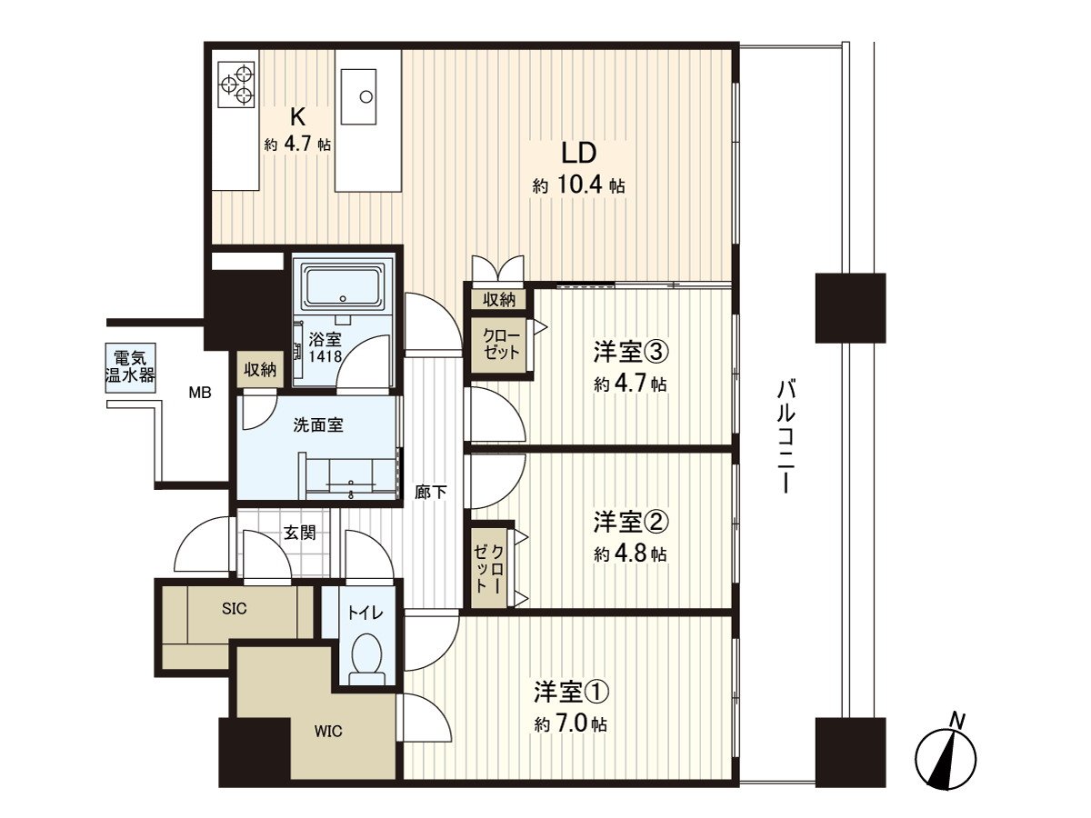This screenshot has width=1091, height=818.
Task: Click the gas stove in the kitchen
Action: (236, 84)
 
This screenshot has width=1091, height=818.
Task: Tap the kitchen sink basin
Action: (358, 95)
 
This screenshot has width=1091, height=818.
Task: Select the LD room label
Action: (578, 154)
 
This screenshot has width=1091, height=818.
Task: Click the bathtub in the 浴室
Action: (342, 287)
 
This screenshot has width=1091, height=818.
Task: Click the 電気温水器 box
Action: (130, 367)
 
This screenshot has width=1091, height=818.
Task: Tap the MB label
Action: (200, 393)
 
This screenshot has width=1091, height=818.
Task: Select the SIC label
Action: (234, 609)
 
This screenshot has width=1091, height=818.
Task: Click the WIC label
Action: (328, 731)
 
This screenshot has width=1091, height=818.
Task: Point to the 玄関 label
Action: (300, 534)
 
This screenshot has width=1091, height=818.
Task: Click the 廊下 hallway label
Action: (431, 493)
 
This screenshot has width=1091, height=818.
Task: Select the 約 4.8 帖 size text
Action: (630, 554)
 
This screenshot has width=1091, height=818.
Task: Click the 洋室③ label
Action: (630, 353)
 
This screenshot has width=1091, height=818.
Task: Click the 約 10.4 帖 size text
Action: (578, 185)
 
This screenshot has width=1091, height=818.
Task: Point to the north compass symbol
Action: (946, 757)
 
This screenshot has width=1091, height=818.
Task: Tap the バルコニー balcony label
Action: (786, 436)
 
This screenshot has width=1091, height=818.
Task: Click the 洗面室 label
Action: (318, 425)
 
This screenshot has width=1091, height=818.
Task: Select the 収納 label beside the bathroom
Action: (260, 370)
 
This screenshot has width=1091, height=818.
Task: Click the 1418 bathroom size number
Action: (325, 356)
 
